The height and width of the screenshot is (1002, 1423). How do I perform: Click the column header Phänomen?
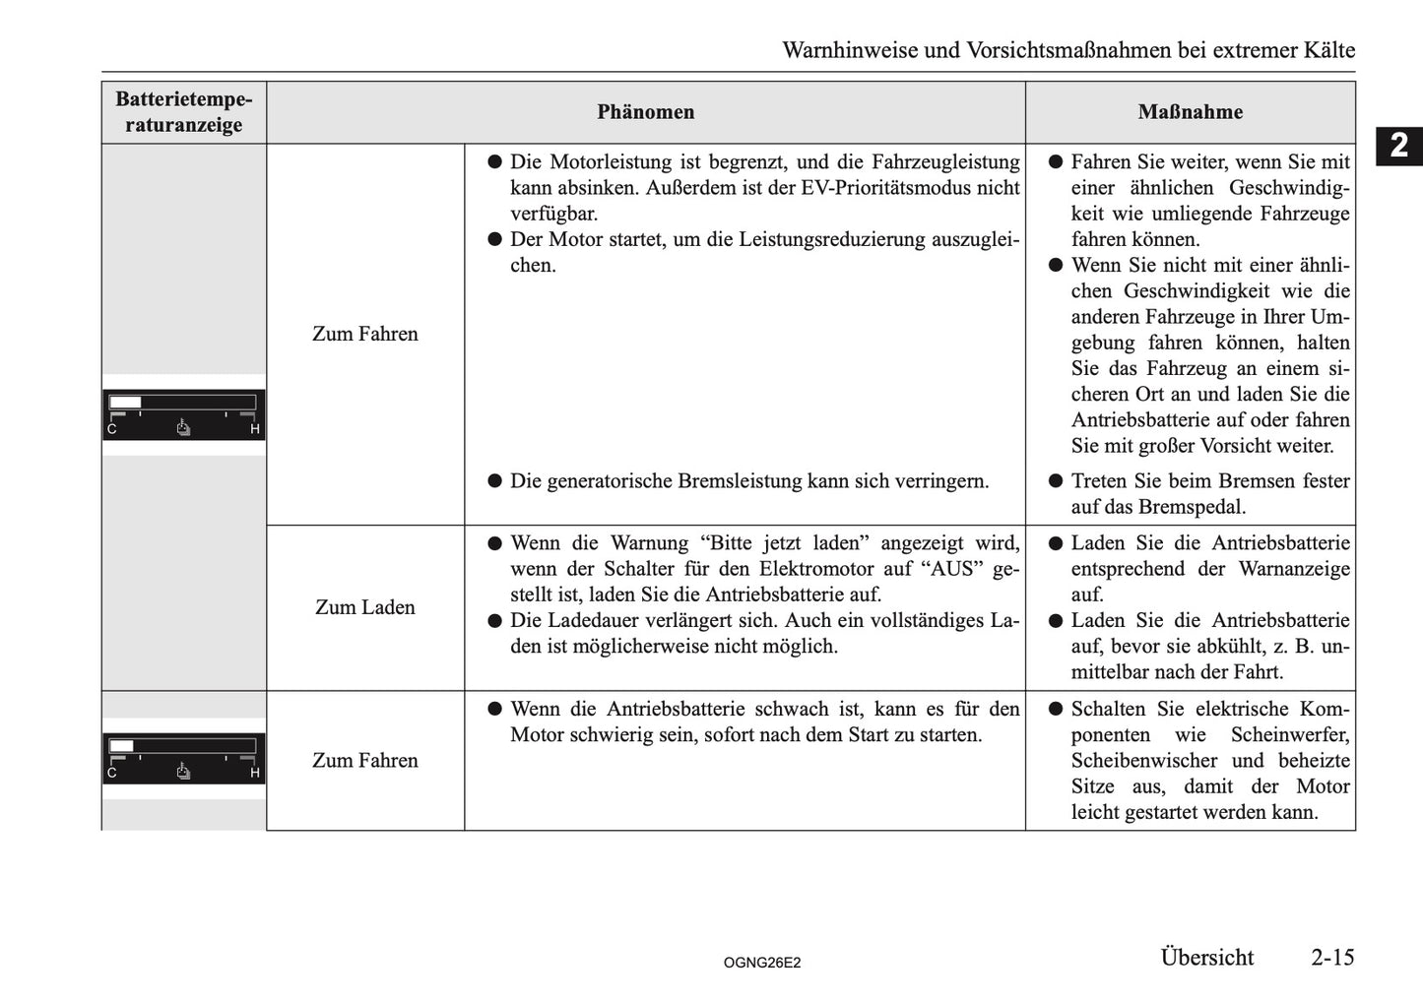pyautogui.click(x=645, y=112)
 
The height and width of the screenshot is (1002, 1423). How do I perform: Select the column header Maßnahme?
pyautogui.click(x=1190, y=112)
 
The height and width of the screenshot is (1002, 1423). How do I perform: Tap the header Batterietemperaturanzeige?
pyautogui.click(x=183, y=112)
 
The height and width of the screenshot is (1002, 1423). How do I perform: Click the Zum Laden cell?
pyautogui.click(x=364, y=607)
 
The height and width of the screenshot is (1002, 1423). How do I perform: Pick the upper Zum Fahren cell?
pyautogui.click(x=364, y=334)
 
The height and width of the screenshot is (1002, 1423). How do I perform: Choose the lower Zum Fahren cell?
pyautogui.click(x=364, y=760)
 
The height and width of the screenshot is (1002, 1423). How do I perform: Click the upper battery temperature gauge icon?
pyautogui.click(x=183, y=414)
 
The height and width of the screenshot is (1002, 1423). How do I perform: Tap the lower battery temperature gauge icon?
pyautogui.click(x=183, y=758)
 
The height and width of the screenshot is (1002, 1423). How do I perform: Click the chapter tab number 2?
pyautogui.click(x=1398, y=146)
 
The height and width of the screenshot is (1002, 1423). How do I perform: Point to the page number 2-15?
pyautogui.click(x=1331, y=957)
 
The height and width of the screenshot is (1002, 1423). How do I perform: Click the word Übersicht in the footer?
pyautogui.click(x=1206, y=957)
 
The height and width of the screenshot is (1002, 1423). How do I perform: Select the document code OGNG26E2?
pyautogui.click(x=761, y=963)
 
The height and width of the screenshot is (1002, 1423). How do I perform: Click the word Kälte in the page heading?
pyautogui.click(x=1326, y=50)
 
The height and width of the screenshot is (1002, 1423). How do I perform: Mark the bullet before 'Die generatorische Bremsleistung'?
pyautogui.click(x=495, y=481)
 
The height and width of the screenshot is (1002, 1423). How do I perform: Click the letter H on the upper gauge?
pyautogui.click(x=255, y=429)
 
